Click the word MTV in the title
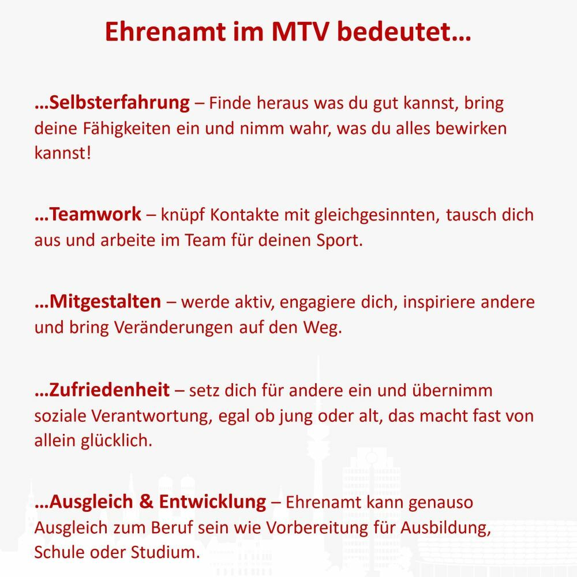299,32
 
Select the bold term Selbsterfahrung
119,103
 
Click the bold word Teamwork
95,214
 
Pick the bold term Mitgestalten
105,302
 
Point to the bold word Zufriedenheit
109,389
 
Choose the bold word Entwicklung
212,502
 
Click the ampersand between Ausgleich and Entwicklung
146,502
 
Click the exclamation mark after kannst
88,153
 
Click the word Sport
340,240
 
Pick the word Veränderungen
174,328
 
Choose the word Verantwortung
152,417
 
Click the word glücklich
117,441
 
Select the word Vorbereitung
317,528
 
